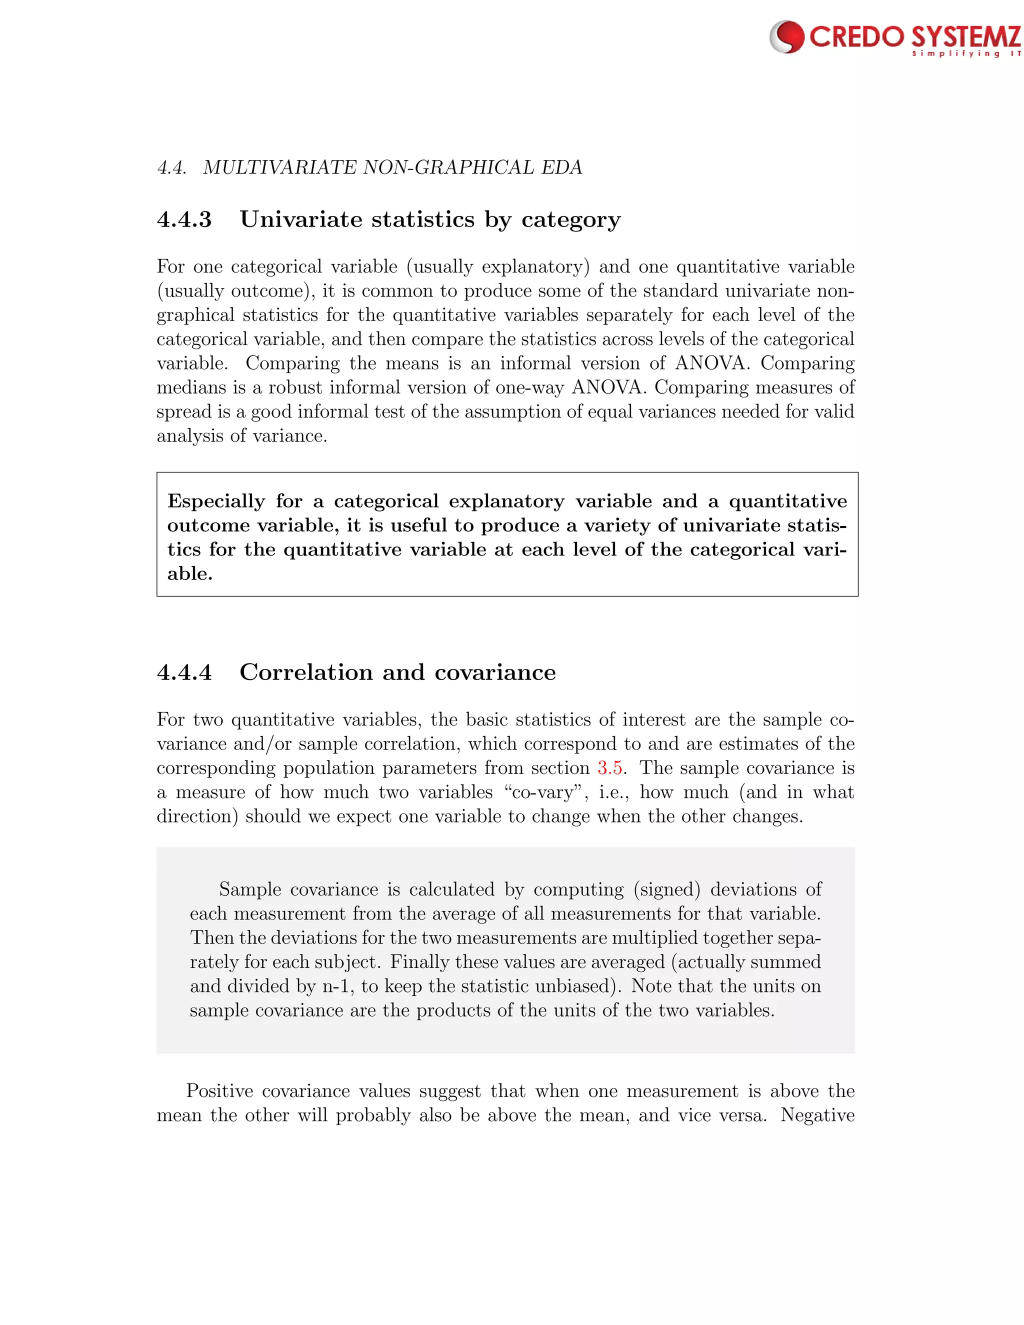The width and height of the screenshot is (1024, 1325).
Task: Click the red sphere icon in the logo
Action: [x=787, y=36]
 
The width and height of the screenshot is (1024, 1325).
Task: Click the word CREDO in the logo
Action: [x=857, y=37]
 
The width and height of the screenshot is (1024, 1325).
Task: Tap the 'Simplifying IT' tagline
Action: [x=966, y=54]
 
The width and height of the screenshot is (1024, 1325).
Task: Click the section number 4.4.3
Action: [x=184, y=219]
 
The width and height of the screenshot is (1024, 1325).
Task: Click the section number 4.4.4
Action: [x=184, y=672]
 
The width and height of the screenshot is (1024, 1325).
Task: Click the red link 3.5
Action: [x=609, y=768]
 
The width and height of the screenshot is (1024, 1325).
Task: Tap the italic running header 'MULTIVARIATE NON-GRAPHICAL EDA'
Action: [x=392, y=167]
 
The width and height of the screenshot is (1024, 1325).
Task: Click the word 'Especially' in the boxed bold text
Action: [x=216, y=501]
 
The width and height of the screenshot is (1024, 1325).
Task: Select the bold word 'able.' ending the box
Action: [x=190, y=574]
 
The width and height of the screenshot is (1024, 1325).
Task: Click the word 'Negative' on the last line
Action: [x=817, y=1115]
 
